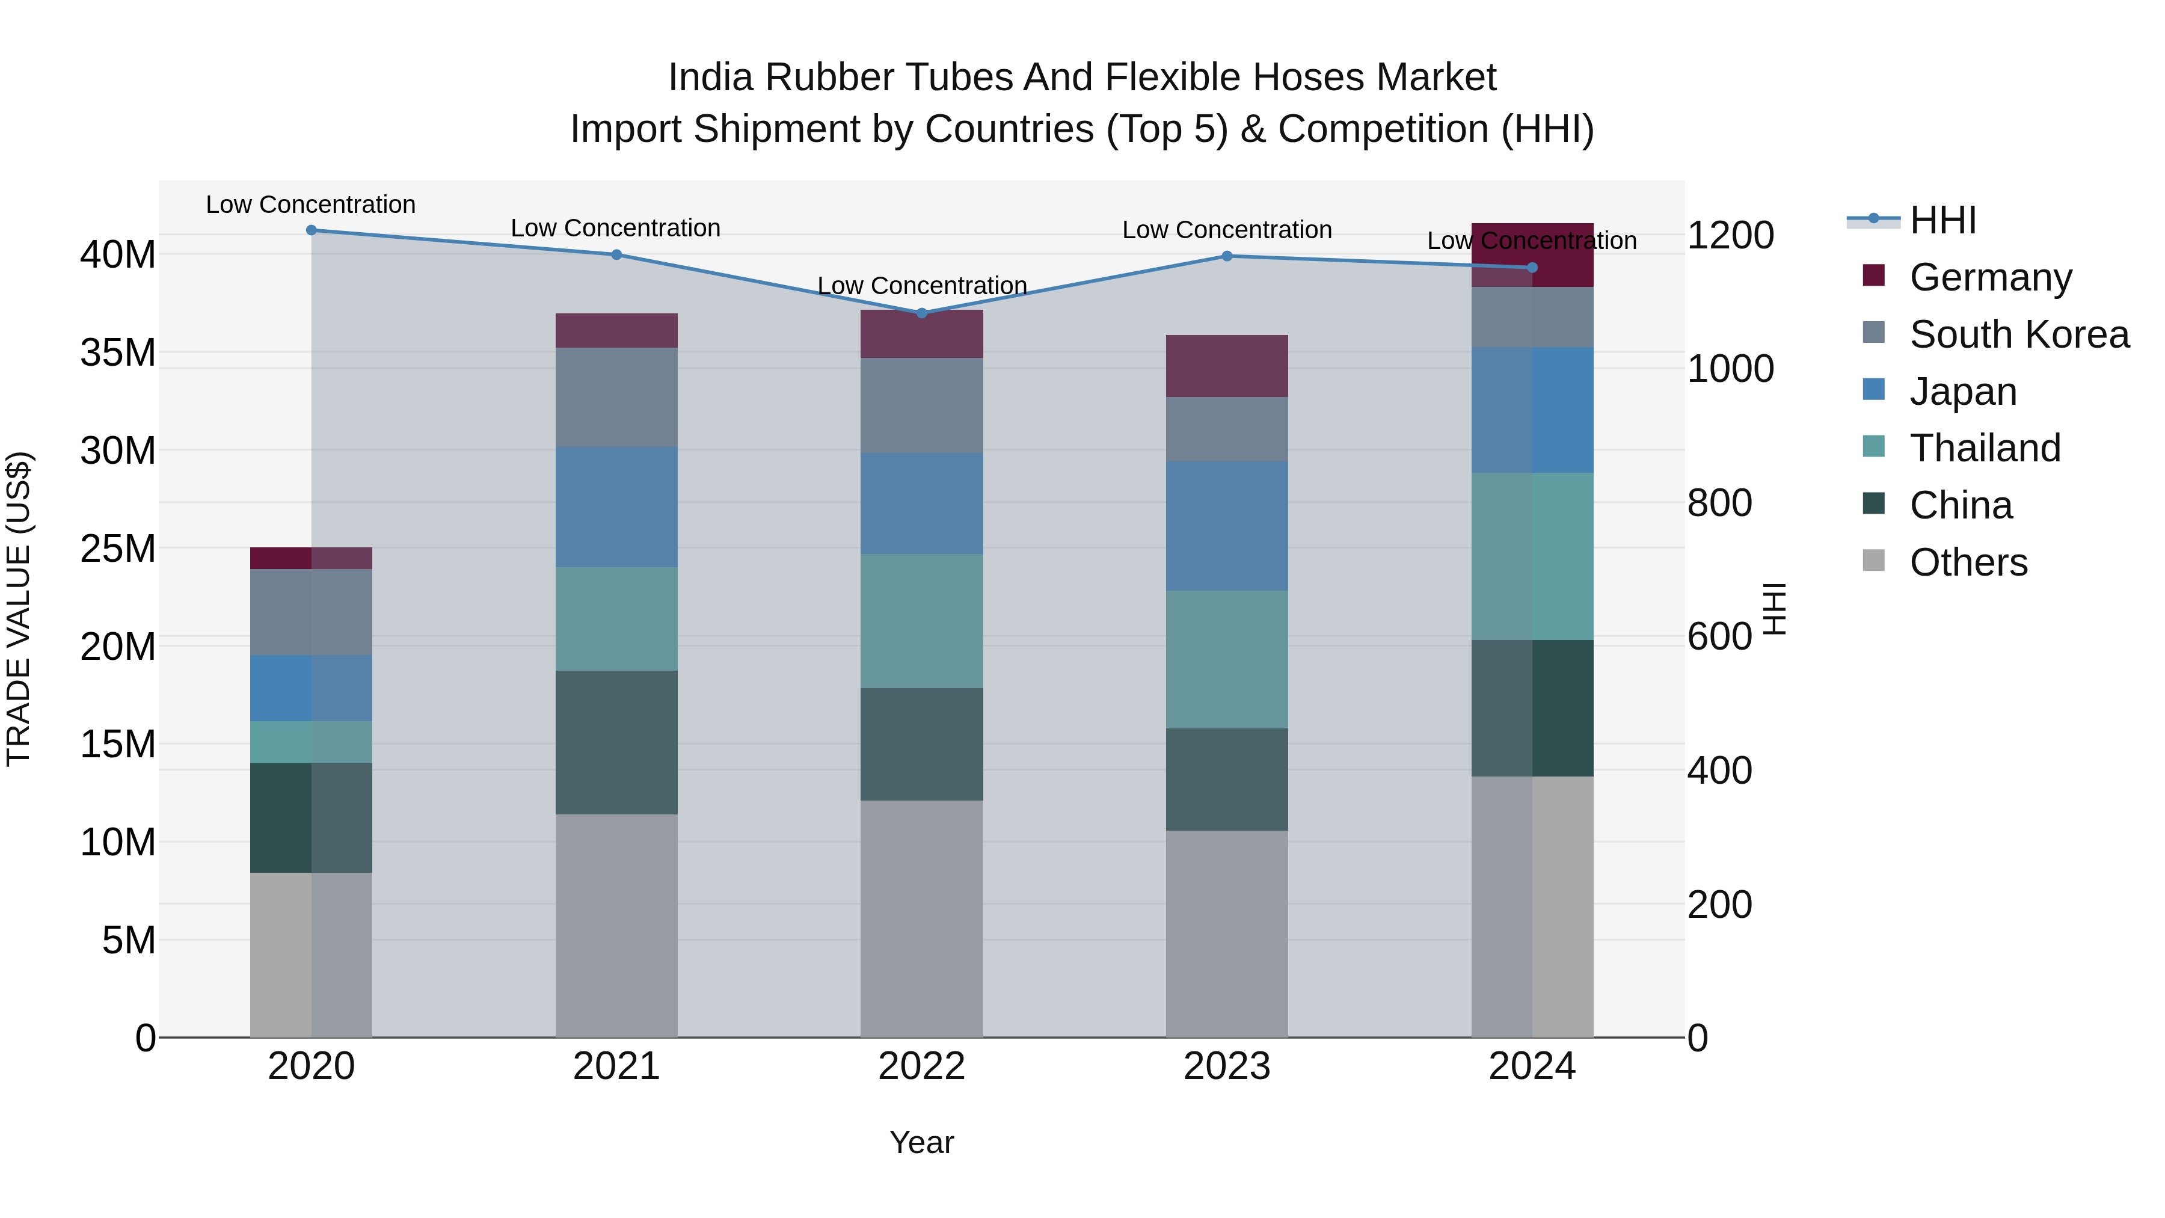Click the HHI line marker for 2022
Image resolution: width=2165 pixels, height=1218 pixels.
click(x=921, y=313)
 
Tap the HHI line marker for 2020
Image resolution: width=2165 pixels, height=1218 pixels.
click(x=311, y=230)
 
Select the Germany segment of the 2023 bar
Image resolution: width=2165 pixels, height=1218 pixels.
click(x=1226, y=366)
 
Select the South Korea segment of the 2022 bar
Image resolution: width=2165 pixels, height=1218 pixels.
click(x=921, y=405)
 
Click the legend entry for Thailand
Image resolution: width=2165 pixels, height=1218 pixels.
click(x=1985, y=448)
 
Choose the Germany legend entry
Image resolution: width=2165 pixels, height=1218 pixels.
click(x=1990, y=277)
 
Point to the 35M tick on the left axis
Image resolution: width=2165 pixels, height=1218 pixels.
click(x=118, y=353)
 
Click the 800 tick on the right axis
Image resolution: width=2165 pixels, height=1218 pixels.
click(x=1719, y=503)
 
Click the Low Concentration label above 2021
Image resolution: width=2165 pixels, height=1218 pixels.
click(x=615, y=228)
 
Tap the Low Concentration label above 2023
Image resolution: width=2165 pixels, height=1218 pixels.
click(x=1226, y=230)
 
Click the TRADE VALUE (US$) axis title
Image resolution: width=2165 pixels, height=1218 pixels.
click(x=19, y=609)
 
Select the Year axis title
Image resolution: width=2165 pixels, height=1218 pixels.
click(x=921, y=1142)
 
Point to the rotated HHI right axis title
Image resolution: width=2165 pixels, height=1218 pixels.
click(x=1773, y=609)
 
